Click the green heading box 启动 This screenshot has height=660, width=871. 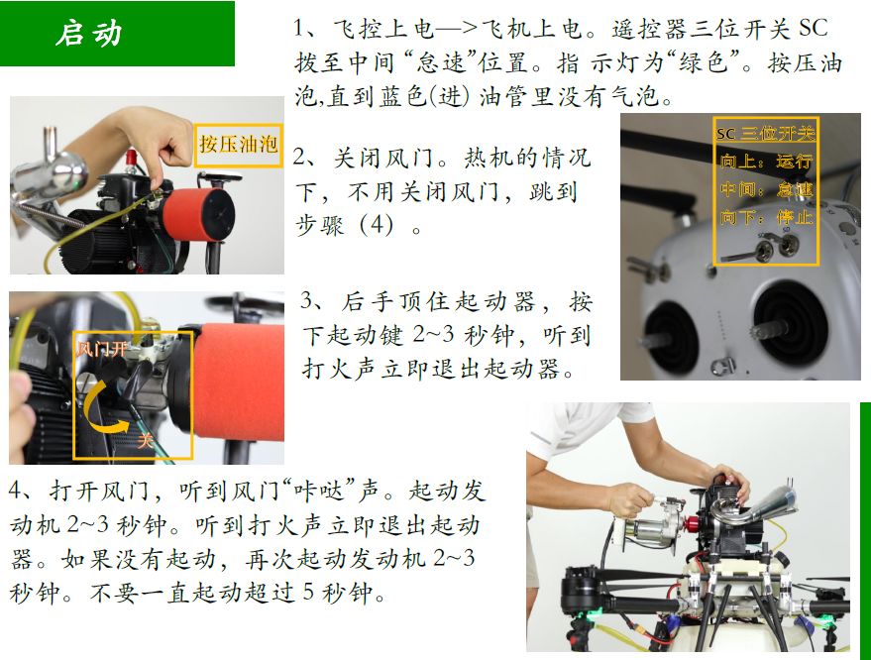click(117, 34)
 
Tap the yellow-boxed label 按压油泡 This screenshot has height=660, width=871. click(238, 145)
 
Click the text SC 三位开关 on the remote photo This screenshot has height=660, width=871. click(765, 134)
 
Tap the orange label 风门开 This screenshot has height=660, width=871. click(101, 349)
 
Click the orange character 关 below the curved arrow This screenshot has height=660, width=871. click(145, 441)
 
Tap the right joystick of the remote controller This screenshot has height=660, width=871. click(788, 325)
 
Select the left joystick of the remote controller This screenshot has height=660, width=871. click(671, 338)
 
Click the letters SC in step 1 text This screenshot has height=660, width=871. click(814, 29)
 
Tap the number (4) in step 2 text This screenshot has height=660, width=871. click(377, 225)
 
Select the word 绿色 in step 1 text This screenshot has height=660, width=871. click(704, 62)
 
